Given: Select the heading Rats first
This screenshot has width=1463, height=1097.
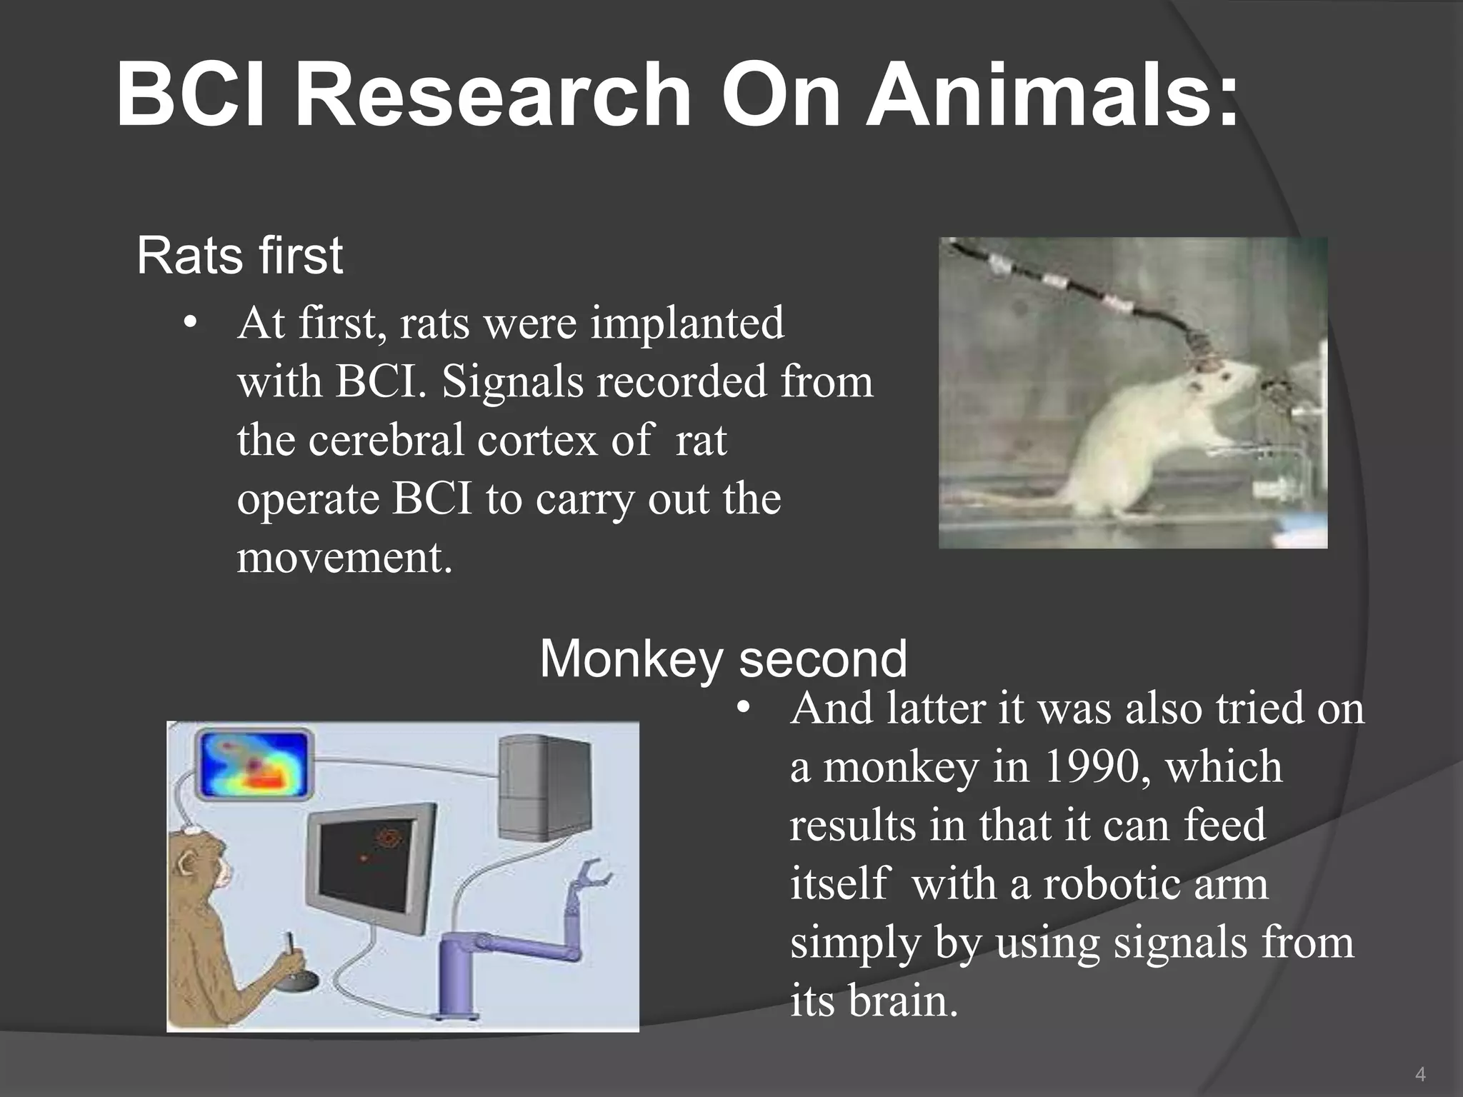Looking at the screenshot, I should (239, 255).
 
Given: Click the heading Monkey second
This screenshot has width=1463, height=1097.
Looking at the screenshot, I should (723, 658).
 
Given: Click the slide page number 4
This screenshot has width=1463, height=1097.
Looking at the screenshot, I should (1420, 1074).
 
